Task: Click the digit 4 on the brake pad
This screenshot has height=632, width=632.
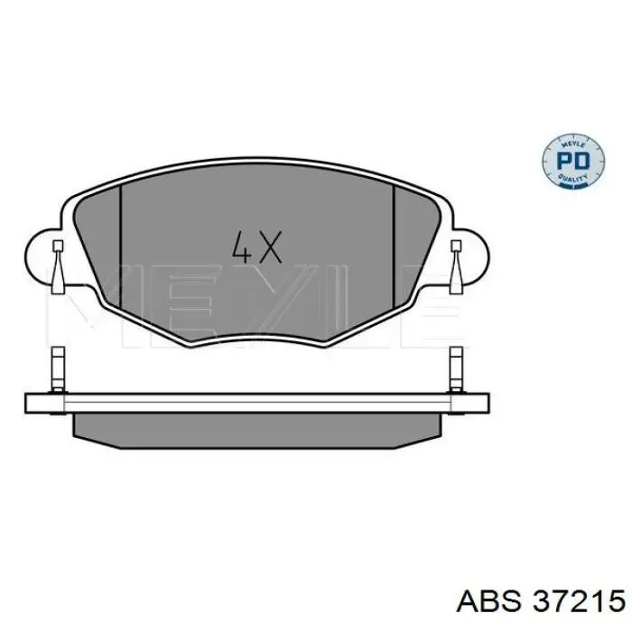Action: coord(242,247)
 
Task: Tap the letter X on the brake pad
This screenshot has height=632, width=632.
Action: coord(268,247)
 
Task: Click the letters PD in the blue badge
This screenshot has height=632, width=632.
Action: coord(572,162)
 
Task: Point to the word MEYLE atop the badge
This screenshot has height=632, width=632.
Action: coord(572,144)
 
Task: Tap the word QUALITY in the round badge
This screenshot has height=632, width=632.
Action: coord(572,178)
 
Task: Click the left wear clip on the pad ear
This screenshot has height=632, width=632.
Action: coord(58,267)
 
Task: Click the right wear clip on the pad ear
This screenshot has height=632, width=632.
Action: coord(456,267)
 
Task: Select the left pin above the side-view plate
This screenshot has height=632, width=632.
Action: coord(59,369)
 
